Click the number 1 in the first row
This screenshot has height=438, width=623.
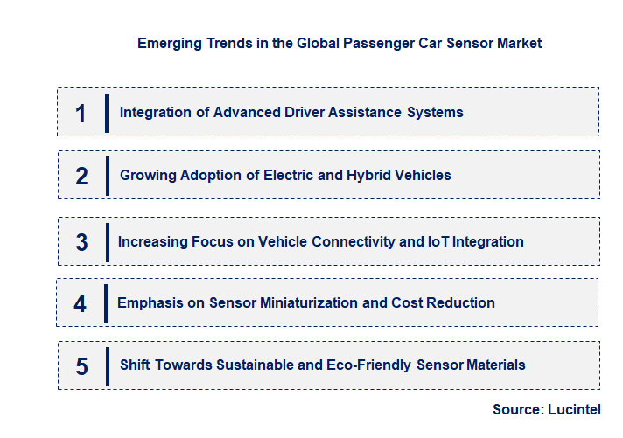point(80,113)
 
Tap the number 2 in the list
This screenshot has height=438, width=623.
point(81,176)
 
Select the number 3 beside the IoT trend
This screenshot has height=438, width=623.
point(81,242)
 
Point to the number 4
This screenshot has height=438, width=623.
point(80,303)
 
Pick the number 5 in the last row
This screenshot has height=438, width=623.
point(81,365)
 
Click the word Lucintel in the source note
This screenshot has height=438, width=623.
point(576,409)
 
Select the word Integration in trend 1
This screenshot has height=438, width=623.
point(154,113)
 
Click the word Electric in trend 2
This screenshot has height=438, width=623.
point(289,176)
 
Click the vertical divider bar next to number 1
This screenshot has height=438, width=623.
point(106,113)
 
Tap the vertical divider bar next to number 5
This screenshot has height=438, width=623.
point(107,365)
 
